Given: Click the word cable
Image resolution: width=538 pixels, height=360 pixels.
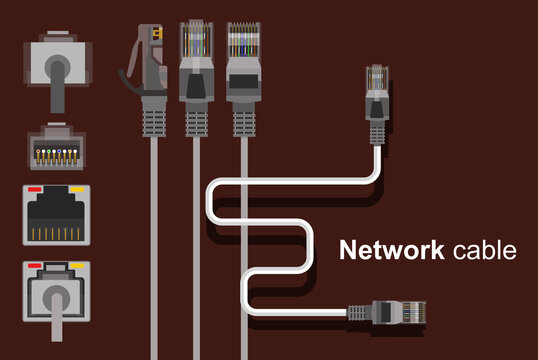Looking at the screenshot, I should point(483,250).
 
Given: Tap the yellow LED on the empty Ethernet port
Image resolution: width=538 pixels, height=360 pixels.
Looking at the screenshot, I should point(75,189).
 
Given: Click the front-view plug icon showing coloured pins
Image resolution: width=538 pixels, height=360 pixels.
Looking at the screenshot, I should point(55,147).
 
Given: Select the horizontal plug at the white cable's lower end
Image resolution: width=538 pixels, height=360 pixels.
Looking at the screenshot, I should point(399,312).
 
